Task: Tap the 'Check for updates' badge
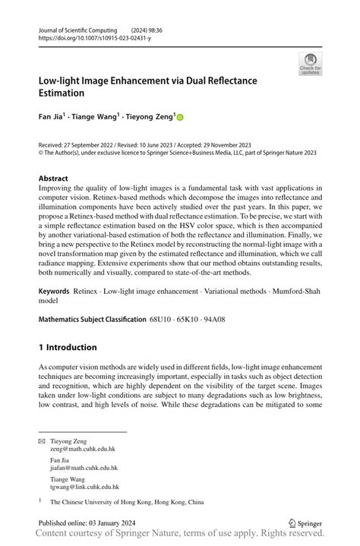click(310, 64)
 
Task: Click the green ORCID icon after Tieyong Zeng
click(181, 118)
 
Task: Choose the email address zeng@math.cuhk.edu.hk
click(84, 450)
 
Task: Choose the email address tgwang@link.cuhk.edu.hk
click(84, 486)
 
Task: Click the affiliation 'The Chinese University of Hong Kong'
click(128, 503)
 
